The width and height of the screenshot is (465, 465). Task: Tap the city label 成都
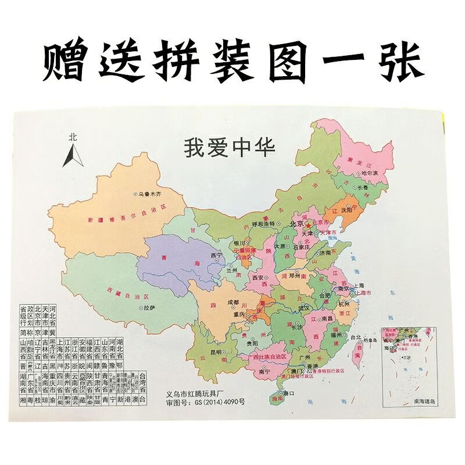[233, 302]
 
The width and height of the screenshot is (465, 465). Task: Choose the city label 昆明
[216, 352]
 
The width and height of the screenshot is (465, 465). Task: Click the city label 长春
[362, 188]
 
